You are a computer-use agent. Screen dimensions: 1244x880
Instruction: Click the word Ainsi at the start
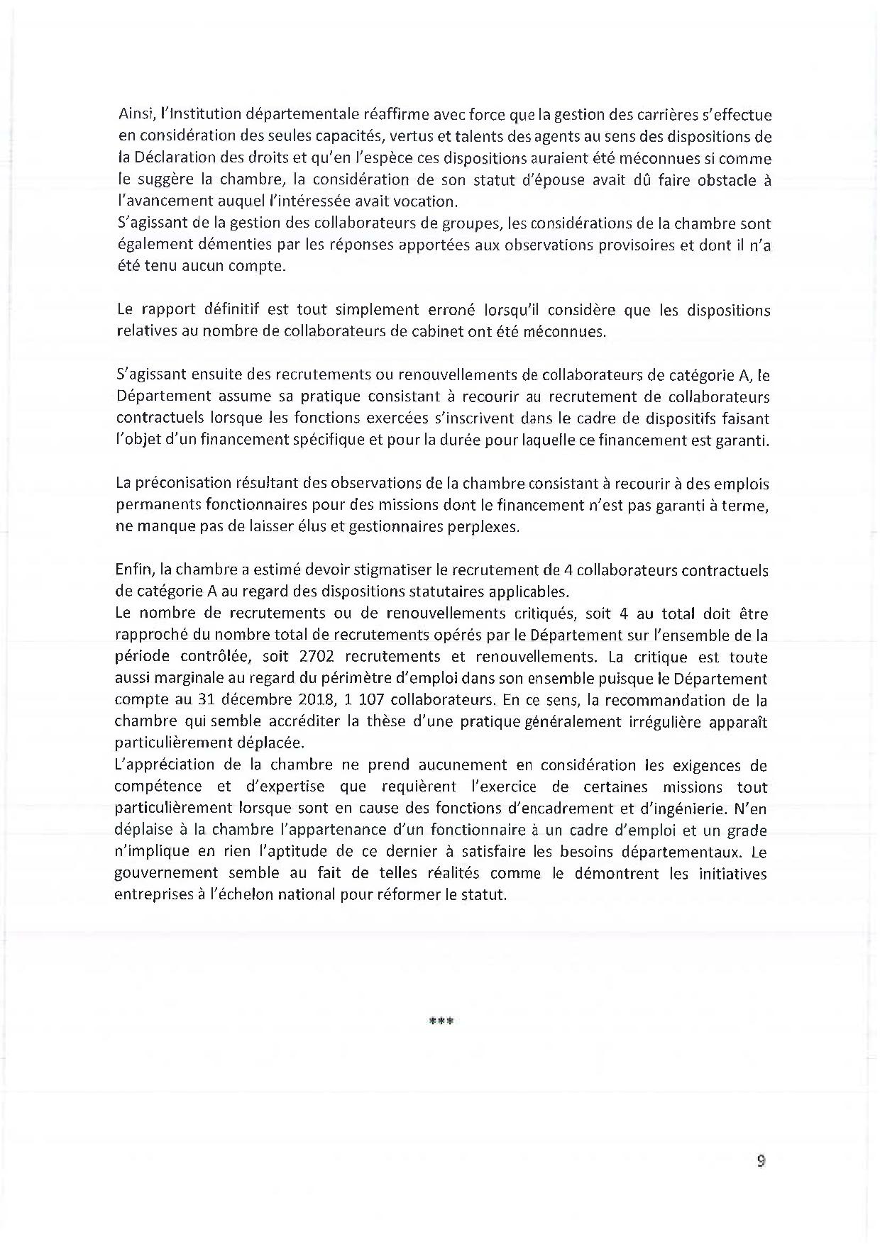click(133, 114)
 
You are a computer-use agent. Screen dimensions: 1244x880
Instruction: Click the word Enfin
click(133, 570)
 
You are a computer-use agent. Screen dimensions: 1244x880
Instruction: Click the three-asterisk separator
click(441, 1022)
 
